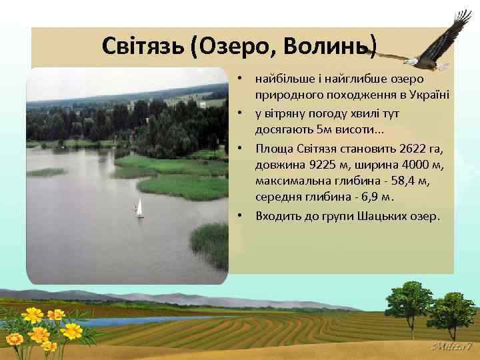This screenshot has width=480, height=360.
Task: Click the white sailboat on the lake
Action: click(139, 207)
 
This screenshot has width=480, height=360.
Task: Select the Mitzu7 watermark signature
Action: click(453, 347)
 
